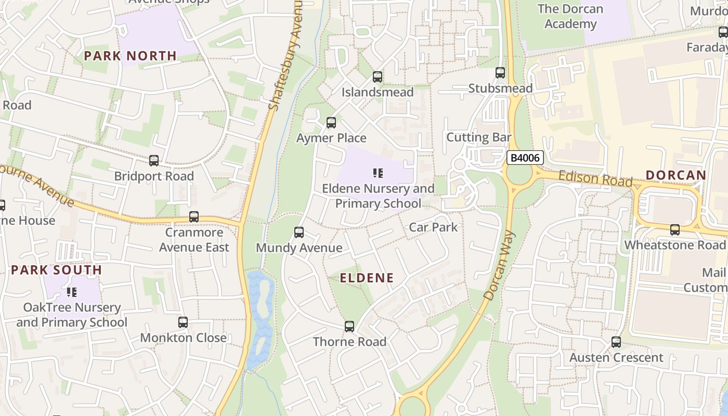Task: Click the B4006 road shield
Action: [525, 158]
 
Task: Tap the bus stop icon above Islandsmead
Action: [378, 77]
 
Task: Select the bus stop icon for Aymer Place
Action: [331, 123]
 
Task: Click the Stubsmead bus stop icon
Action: [500, 73]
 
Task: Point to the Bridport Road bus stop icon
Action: [154, 161]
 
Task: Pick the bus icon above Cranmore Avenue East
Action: [194, 217]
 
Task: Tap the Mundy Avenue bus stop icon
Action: [299, 232]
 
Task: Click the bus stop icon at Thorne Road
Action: [349, 327]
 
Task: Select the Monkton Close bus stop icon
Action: [183, 322]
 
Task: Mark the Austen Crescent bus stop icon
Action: [616, 342]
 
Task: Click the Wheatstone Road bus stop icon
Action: [675, 229]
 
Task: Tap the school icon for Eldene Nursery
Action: [378, 173]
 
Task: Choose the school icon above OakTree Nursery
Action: [72, 292]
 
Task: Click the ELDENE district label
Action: [367, 278]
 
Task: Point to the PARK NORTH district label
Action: [131, 56]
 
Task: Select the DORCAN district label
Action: [676, 175]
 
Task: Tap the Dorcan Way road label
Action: [499, 265]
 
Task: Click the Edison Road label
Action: [595, 179]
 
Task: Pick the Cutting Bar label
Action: [479, 138]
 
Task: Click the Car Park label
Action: [433, 227]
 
